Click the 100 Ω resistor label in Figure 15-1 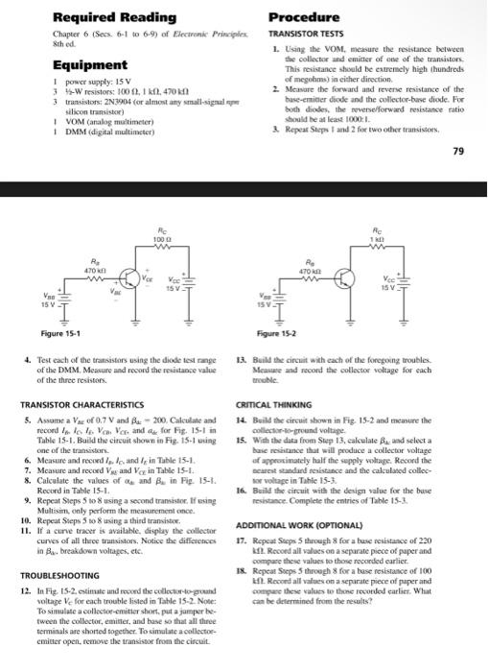click(x=168, y=236)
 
